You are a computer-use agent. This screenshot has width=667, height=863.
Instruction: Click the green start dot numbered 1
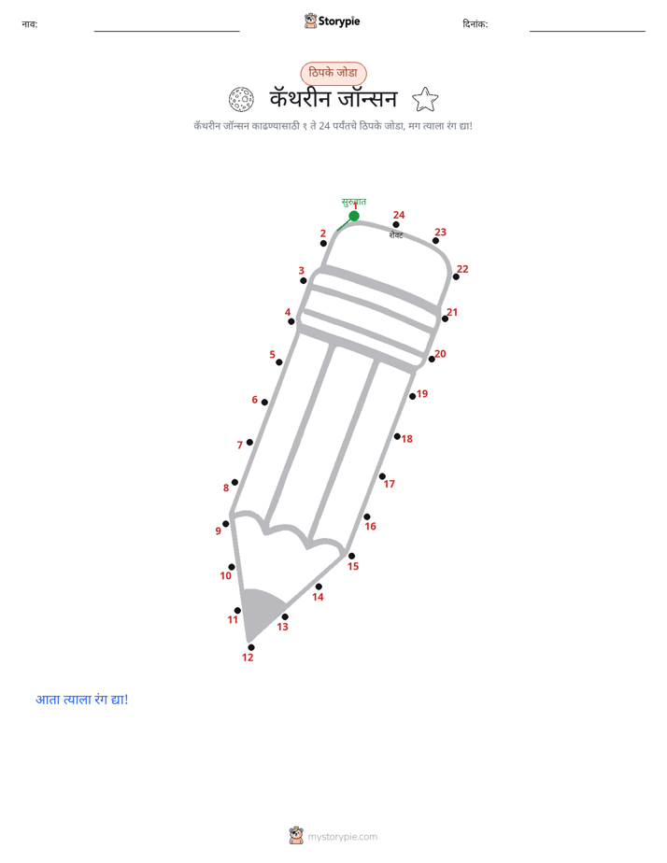coord(354,216)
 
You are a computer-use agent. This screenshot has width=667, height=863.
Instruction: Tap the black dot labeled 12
coord(251,647)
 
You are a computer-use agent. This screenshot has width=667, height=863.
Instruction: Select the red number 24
coord(399,215)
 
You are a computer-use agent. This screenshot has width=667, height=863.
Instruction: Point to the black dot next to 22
coord(456,276)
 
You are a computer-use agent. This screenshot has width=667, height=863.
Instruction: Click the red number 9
coord(218,531)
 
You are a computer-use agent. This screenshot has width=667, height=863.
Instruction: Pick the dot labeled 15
coord(351,556)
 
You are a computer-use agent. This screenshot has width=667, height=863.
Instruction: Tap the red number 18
coord(406,439)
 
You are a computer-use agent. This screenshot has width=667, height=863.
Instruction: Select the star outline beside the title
coord(425,100)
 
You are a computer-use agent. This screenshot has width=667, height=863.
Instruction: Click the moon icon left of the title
coord(241,100)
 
